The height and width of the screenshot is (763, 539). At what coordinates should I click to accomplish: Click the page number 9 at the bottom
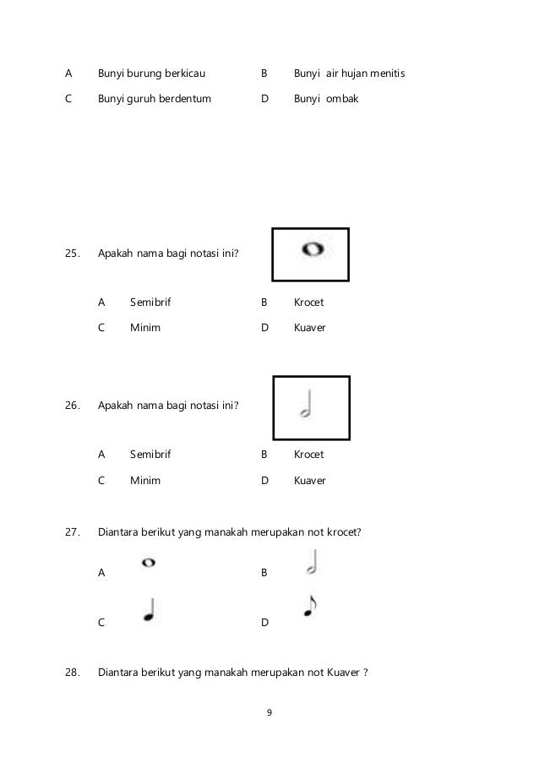tap(269, 714)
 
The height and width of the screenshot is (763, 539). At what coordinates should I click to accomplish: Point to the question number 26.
tap(73, 405)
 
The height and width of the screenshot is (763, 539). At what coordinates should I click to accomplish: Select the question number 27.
tap(73, 533)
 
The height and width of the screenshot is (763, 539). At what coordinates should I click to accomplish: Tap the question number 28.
tap(73, 673)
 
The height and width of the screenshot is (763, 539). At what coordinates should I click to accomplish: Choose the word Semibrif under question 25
tap(150, 302)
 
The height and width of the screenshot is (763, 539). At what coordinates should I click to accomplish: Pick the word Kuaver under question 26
tap(309, 481)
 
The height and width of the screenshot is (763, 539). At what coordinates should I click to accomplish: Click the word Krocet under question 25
tap(308, 302)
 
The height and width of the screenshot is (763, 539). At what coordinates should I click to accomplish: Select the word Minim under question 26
tap(145, 481)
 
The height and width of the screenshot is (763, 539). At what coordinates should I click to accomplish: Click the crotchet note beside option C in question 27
tap(150, 612)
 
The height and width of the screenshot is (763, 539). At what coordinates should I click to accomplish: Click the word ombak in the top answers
tap(343, 99)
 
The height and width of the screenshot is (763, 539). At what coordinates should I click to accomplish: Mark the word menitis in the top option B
tap(386, 74)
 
